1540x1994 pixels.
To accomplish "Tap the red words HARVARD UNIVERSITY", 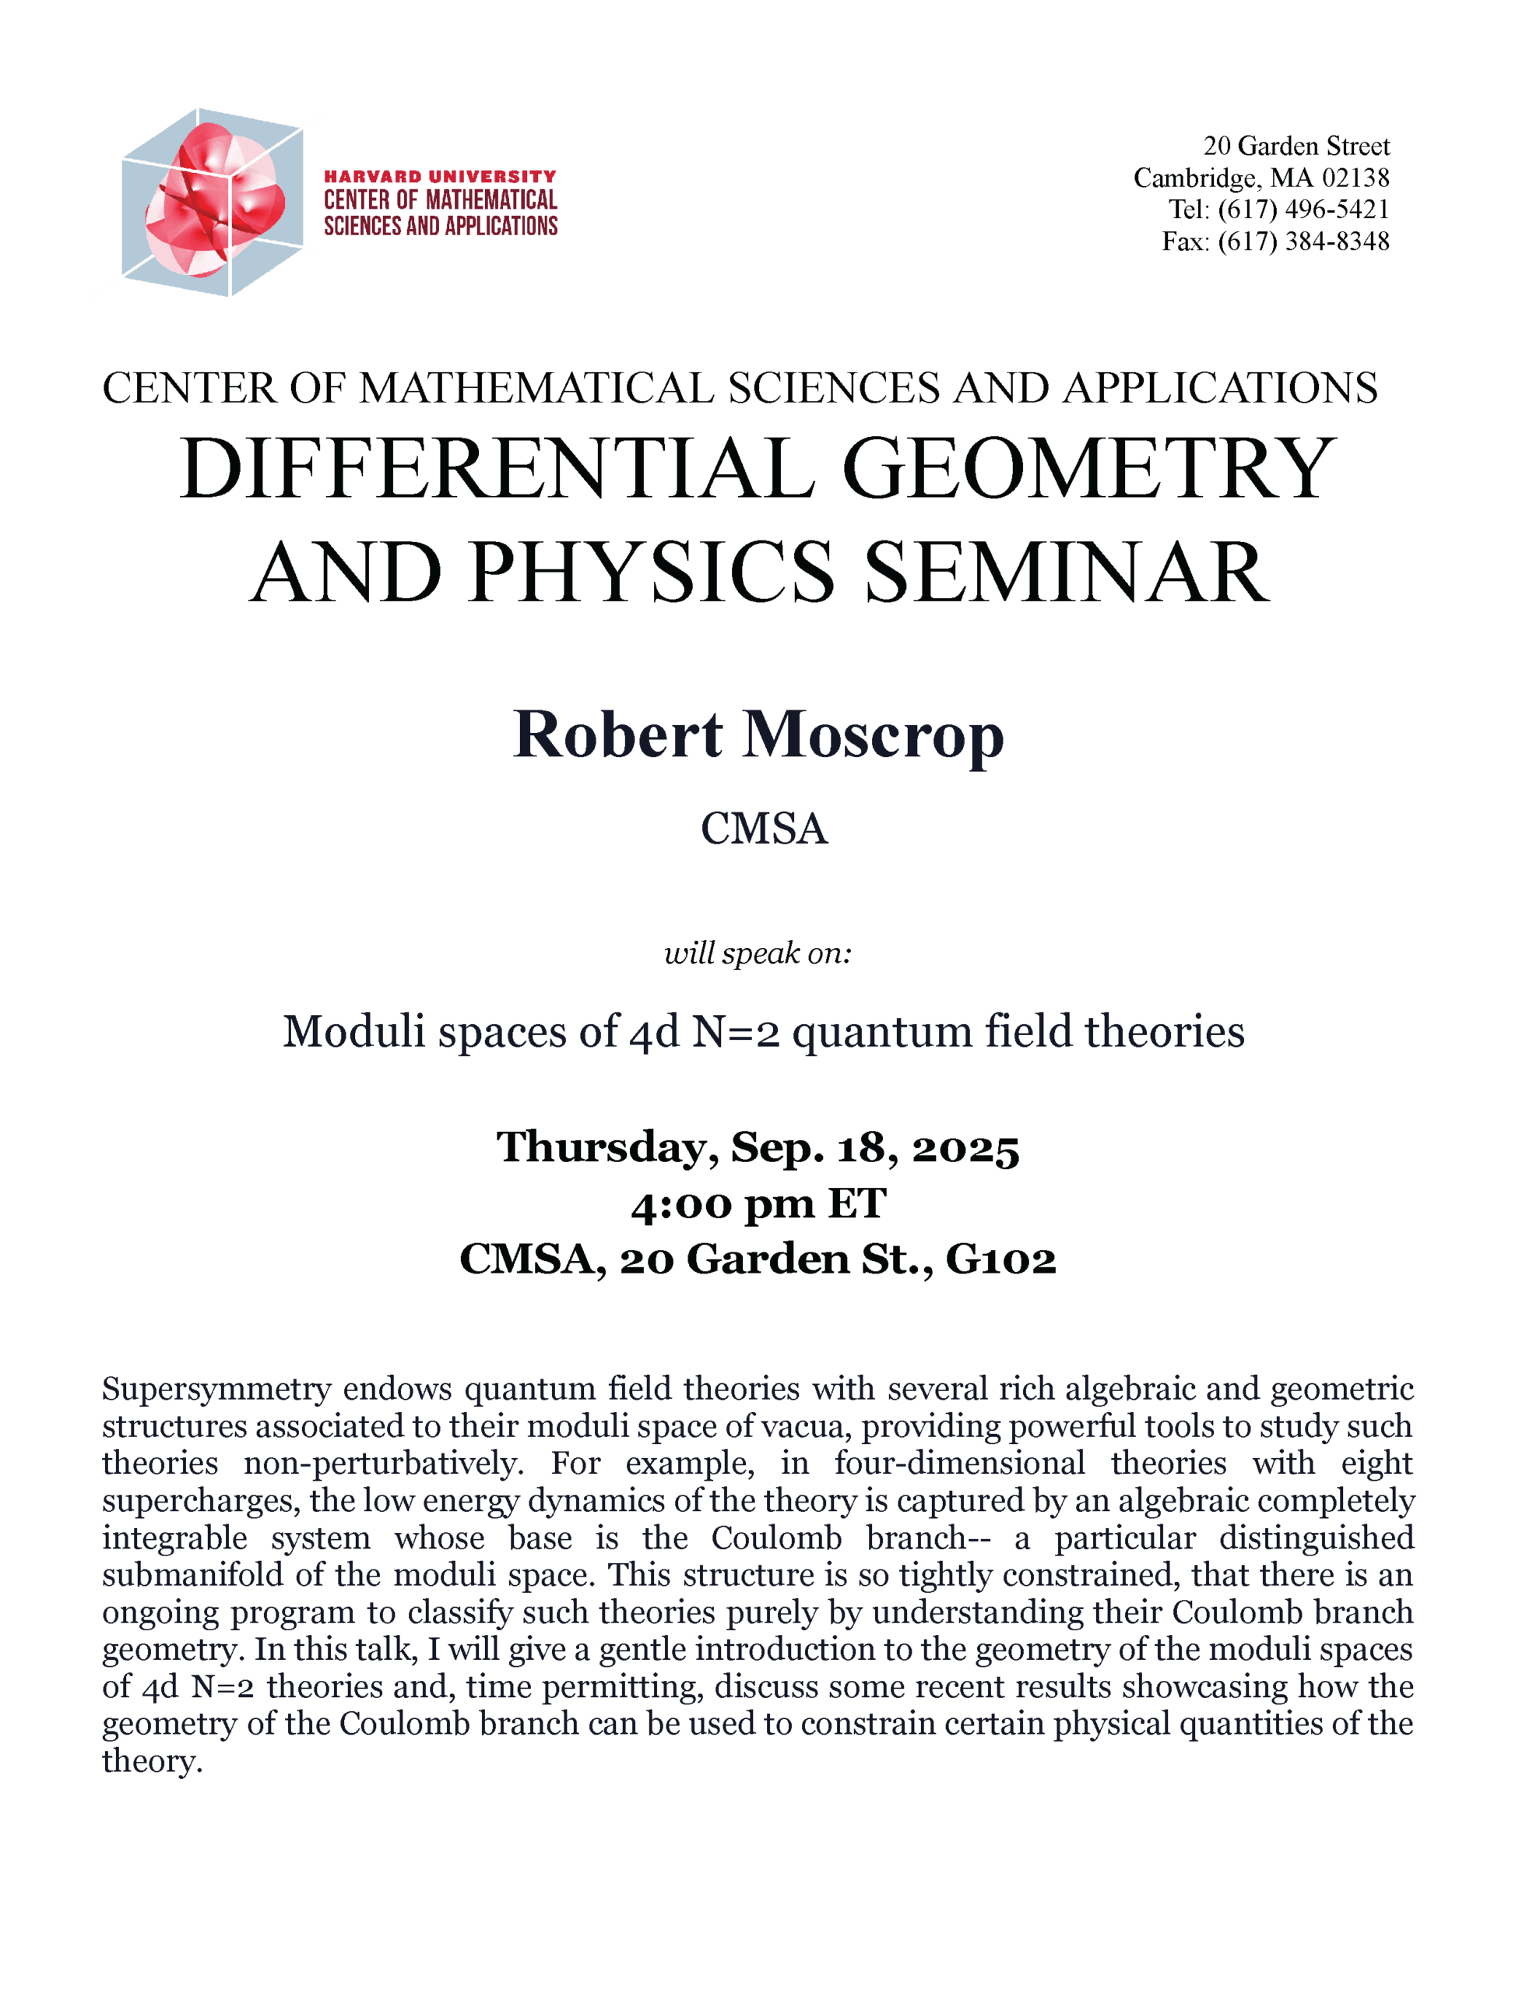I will [x=440, y=176].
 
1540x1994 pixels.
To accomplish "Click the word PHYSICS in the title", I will [x=652, y=572].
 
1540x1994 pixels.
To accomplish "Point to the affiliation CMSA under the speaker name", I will [x=764, y=829].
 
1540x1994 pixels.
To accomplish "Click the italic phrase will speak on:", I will [x=758, y=953].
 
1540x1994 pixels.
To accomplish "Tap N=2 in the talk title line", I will [x=736, y=1033].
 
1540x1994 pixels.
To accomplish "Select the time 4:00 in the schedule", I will [x=679, y=1204].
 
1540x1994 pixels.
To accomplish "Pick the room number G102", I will [x=1000, y=1260].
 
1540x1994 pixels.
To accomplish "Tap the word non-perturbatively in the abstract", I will [x=383, y=1464].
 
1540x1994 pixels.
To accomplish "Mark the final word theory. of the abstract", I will [x=152, y=1761].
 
